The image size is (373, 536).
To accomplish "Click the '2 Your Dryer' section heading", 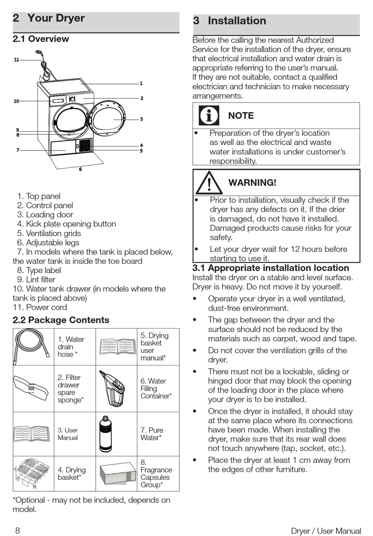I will [49, 18].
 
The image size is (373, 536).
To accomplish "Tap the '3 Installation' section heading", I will [230, 21].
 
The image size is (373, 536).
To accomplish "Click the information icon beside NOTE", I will [209, 116].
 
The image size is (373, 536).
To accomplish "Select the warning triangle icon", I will [209, 183].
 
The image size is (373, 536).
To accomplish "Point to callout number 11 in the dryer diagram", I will [16, 60].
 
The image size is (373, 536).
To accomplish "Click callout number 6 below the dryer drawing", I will [80, 169].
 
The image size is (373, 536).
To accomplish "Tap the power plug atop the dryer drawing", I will [38, 52].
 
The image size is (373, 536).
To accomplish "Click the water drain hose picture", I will [33, 347].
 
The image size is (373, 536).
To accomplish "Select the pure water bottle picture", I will [106, 434].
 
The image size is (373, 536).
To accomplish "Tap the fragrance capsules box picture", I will [117, 474].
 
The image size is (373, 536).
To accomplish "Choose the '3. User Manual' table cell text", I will [68, 434].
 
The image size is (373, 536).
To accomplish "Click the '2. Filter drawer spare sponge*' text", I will [71, 389].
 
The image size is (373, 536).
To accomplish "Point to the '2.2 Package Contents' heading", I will [61, 320].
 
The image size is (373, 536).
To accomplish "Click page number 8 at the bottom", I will [17, 530].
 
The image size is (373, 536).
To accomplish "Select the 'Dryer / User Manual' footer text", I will [326, 531].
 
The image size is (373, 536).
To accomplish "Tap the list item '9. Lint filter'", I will [36, 279].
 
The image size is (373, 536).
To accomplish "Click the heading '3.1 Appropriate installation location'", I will [271, 268].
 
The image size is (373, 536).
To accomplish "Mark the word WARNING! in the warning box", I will [252, 183].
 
